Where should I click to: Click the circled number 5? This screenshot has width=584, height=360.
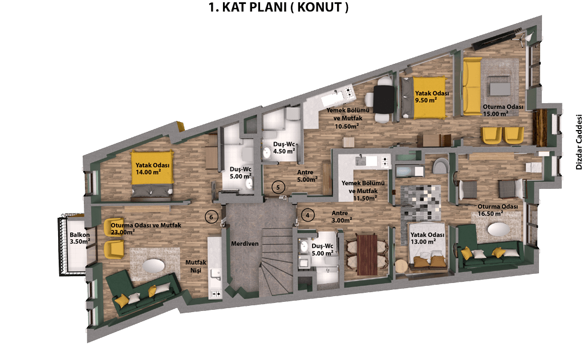coord(278,187)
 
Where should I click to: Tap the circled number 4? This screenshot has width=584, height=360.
coord(307,215)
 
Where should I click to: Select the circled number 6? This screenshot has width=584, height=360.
coord(211,217)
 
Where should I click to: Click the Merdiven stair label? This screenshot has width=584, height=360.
coord(245,244)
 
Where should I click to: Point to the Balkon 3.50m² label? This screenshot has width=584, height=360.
coord(80,238)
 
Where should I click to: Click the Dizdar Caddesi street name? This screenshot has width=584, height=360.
coord(579,141)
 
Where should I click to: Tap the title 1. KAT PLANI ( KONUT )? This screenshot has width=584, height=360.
coord(278,7)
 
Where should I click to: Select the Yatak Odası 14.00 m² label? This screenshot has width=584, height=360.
coord(152,168)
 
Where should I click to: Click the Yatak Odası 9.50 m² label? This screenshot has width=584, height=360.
coord(432,97)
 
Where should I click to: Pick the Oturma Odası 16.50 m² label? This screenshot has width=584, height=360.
coord(497,210)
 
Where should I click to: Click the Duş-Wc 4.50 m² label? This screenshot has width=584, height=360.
coord(284,148)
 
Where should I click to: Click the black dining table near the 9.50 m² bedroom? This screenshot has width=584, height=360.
coord(383,99)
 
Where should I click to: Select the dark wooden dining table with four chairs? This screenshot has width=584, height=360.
coord(367,254)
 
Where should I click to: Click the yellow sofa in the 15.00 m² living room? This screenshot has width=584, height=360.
coord(472,87)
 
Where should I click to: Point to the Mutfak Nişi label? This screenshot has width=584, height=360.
coord(196,266)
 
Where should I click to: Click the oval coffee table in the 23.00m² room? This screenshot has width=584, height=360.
coord(153,266)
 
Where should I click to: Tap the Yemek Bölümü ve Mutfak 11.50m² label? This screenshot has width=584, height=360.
coord(363,191)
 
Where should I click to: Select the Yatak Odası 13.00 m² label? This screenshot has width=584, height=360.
coord(427,238)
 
